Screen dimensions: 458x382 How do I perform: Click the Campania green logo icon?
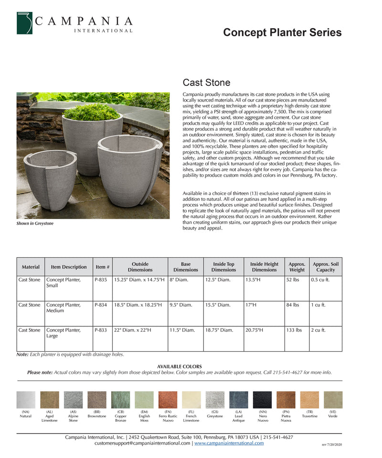(x=24, y=23)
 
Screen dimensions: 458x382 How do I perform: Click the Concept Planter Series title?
(x=282, y=32)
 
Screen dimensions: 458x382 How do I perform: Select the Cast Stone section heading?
(x=206, y=83)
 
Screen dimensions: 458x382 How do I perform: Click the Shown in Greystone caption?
(x=35, y=223)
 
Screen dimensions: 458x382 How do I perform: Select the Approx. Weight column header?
(x=297, y=267)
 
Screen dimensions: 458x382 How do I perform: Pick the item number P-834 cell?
(x=101, y=304)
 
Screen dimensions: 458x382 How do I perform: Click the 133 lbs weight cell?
(x=294, y=330)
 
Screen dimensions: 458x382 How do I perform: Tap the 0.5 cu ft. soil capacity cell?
(x=320, y=280)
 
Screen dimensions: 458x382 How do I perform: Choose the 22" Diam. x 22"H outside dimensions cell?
(x=132, y=330)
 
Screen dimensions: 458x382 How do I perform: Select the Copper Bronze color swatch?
(x=120, y=400)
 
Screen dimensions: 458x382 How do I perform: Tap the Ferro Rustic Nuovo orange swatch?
(x=168, y=400)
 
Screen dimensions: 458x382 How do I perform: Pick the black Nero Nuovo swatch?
(x=262, y=400)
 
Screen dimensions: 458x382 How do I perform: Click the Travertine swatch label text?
(x=309, y=416)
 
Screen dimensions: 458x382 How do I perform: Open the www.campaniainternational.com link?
(x=229, y=443)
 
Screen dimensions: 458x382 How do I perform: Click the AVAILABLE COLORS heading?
(x=180, y=366)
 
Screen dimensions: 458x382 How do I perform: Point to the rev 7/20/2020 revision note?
(x=332, y=445)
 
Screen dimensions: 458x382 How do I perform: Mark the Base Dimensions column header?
(x=186, y=267)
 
